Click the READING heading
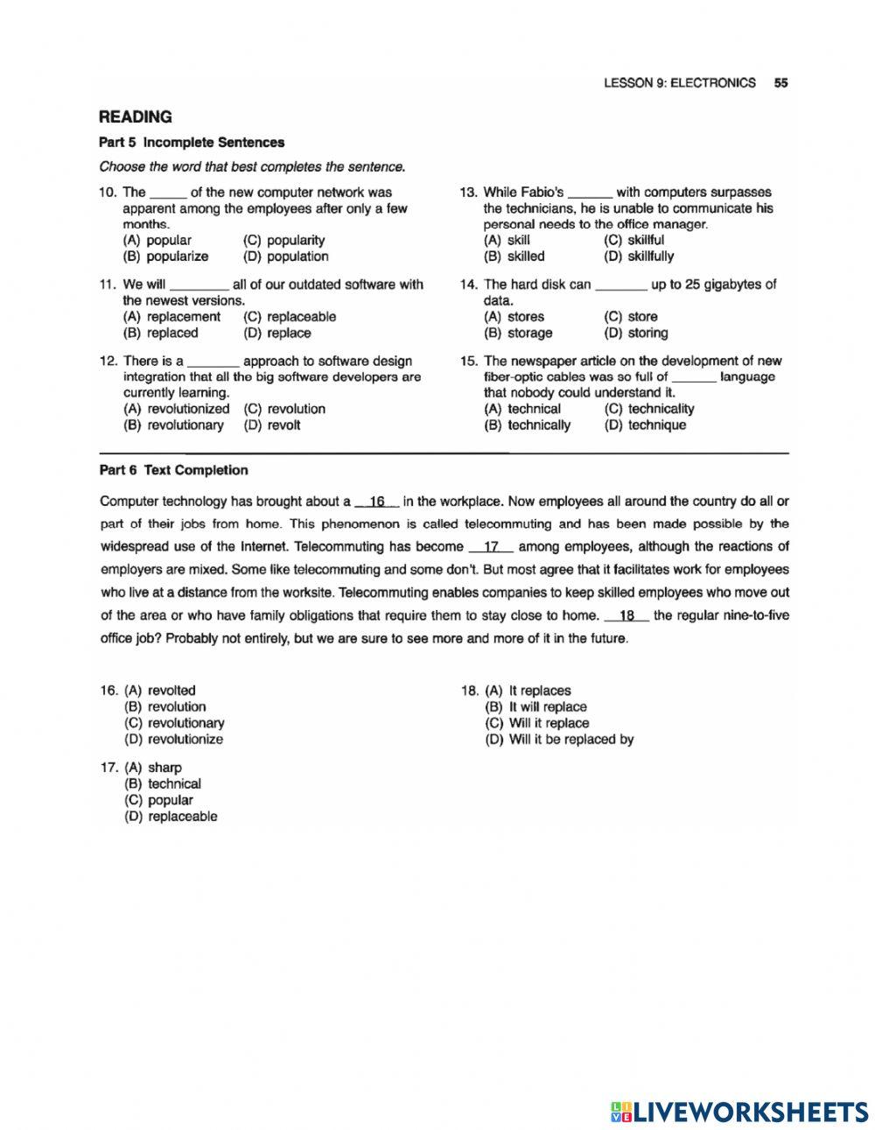click(x=136, y=116)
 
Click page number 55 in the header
click(x=780, y=83)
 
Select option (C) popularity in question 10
click(x=284, y=240)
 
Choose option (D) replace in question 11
click(x=277, y=333)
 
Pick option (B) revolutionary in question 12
click(x=174, y=425)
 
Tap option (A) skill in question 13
click(x=507, y=240)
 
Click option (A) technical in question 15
click(x=522, y=409)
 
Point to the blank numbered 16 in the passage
click(x=377, y=502)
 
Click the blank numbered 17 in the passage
click(x=491, y=547)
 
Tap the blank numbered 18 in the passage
click(x=626, y=615)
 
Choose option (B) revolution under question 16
click(x=166, y=706)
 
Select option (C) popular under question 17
click(x=159, y=800)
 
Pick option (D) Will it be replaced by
click(x=560, y=739)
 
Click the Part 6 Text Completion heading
click(x=174, y=470)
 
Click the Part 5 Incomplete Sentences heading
click(x=192, y=142)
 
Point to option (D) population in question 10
click(x=286, y=256)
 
